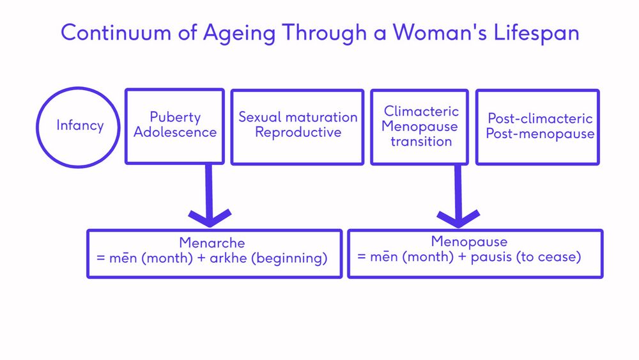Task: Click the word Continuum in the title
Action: point(116,32)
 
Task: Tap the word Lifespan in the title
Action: point(536,33)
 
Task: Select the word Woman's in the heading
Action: point(440,32)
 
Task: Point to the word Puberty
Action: point(175,118)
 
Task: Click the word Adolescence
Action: point(175,132)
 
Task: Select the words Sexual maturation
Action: point(298,117)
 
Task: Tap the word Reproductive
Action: point(298,132)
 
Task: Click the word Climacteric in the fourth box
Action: point(421,111)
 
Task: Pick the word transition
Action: point(421,141)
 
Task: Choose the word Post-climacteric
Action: point(540,118)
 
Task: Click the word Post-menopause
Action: point(540,134)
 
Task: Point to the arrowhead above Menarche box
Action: point(210,218)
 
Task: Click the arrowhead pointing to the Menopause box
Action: point(458,219)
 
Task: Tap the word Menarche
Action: point(212,243)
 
